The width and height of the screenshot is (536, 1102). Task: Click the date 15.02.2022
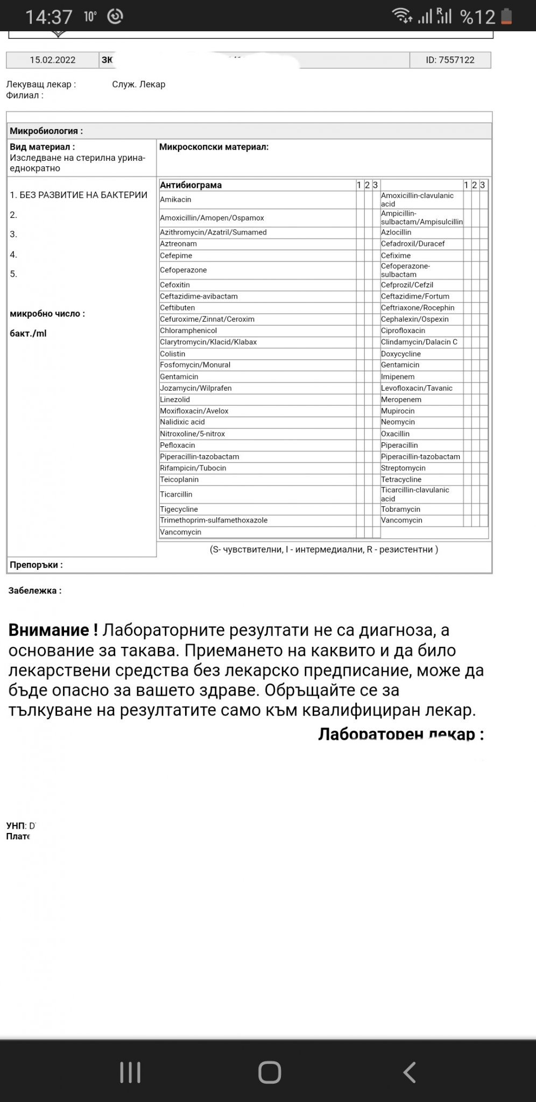[53, 60]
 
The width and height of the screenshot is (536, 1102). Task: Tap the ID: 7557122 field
[450, 60]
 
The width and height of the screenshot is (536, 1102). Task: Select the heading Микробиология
[46, 131]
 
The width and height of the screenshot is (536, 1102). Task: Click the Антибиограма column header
[191, 185]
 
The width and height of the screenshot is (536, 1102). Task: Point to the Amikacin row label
[175, 200]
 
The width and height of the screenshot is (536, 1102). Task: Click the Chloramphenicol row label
[188, 330]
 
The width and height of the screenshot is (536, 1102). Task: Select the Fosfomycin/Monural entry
[195, 365]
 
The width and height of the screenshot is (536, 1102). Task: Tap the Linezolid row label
[175, 399]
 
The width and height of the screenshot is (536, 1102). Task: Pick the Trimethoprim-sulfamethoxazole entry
[214, 520]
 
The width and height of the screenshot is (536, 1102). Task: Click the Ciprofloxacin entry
[403, 330]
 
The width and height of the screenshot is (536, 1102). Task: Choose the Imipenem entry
[398, 377]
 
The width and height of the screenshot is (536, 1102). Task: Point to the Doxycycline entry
[401, 354]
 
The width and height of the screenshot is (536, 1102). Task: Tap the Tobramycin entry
[400, 509]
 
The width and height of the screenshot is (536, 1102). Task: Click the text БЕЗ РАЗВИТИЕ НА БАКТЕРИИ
[83, 195]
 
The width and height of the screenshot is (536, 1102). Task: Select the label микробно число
[47, 314]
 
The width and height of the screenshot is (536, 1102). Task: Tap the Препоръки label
[36, 565]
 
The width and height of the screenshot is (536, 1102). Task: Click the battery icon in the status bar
[506, 17]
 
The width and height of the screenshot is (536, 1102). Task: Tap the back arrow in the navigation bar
[409, 1072]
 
